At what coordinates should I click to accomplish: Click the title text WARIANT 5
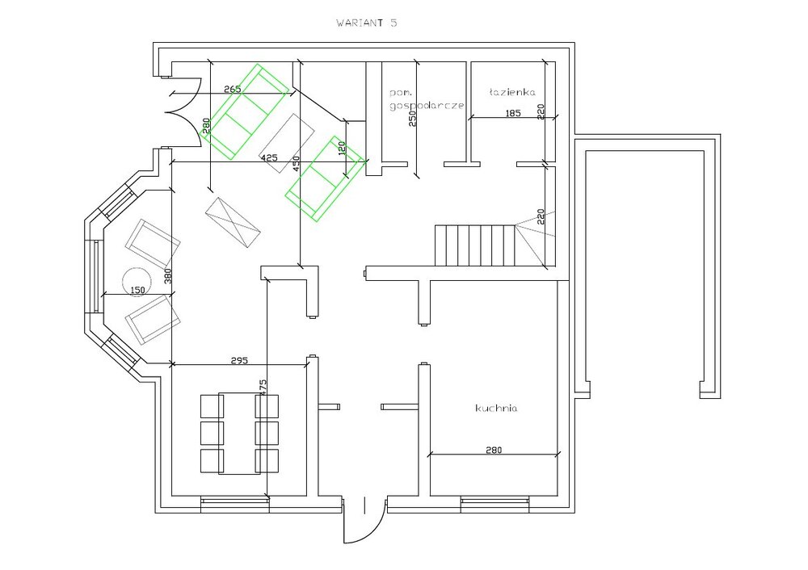click(x=366, y=23)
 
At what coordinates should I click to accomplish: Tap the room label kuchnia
click(x=496, y=409)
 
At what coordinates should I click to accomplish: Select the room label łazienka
click(x=512, y=92)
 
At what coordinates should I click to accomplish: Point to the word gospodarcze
click(x=427, y=106)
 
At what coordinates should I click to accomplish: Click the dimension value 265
click(x=233, y=89)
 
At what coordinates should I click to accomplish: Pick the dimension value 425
click(x=270, y=157)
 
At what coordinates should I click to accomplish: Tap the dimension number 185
click(x=513, y=113)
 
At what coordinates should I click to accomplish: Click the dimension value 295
click(x=240, y=360)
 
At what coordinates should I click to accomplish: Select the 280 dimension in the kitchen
click(x=494, y=450)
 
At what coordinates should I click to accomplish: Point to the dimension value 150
click(x=137, y=291)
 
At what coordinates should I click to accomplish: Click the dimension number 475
click(x=263, y=388)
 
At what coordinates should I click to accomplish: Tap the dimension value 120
click(x=341, y=148)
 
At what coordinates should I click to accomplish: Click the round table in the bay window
click(x=137, y=281)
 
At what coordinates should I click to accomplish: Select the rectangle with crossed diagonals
click(x=232, y=223)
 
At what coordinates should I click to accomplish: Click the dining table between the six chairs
click(x=240, y=434)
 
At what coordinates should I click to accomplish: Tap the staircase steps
click(x=475, y=245)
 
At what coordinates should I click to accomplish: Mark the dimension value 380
click(x=167, y=276)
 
